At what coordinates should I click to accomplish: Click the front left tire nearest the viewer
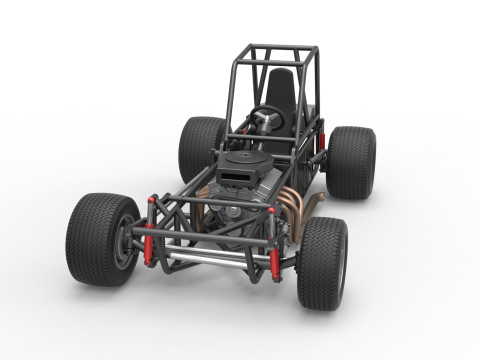[x=95, y=240]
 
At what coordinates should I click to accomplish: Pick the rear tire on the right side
[x=351, y=162]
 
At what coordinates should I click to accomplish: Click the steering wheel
[x=267, y=117]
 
